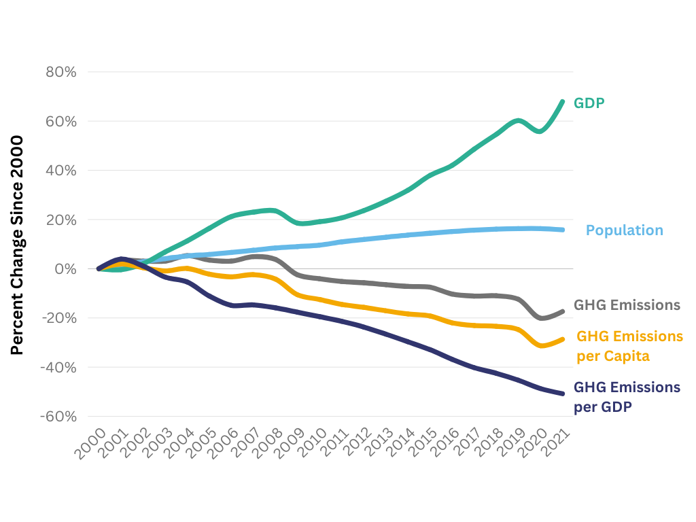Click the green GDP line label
tap(589, 103)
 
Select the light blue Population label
tap(624, 230)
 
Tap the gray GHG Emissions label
tap(627, 304)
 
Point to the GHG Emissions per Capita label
tap(629, 346)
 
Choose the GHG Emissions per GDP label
tap(627, 397)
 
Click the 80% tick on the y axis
tap(60, 72)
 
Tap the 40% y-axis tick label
tap(60, 171)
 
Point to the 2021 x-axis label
tap(555, 445)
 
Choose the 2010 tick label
tap(312, 445)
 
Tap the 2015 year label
tap(423, 445)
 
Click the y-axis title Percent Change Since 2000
tap(17, 245)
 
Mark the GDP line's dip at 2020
tap(540, 131)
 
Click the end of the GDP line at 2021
tap(563, 102)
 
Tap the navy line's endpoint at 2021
tap(563, 394)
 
